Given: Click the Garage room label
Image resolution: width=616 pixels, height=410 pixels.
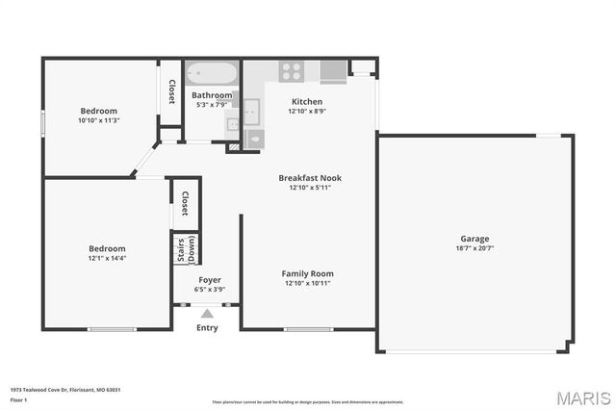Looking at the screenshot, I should pyautogui.click(x=475, y=239).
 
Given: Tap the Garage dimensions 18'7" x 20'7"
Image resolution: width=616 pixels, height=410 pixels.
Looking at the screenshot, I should pyautogui.click(x=475, y=249).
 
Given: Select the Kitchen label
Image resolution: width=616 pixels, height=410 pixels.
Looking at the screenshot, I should pyautogui.click(x=306, y=101).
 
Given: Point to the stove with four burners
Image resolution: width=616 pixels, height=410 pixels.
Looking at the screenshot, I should pyautogui.click(x=292, y=70).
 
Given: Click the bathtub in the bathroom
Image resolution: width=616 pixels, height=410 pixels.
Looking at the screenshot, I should pyautogui.click(x=211, y=73).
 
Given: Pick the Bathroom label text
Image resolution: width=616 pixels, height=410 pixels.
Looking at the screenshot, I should pyautogui.click(x=212, y=95).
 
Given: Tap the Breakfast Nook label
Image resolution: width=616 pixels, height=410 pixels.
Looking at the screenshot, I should pyautogui.click(x=310, y=178).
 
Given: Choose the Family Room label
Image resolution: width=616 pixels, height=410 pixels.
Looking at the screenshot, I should pyautogui.click(x=309, y=273).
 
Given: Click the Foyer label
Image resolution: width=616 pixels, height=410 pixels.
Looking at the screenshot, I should pyautogui.click(x=209, y=279).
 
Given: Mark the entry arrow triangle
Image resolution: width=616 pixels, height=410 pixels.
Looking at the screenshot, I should pyautogui.click(x=207, y=313).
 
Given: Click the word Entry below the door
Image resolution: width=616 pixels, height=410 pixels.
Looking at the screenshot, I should pyautogui.click(x=207, y=327).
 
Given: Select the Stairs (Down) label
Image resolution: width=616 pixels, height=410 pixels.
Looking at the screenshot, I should pyautogui.click(x=185, y=248).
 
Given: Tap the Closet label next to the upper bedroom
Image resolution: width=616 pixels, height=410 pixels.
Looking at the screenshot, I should pyautogui.click(x=171, y=91).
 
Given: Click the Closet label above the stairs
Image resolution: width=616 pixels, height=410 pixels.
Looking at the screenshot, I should pyautogui.click(x=185, y=202).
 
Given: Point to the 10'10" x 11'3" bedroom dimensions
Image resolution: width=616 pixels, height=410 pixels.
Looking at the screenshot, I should pyautogui.click(x=98, y=121).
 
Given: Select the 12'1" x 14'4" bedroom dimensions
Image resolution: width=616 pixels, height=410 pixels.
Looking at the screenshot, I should pyautogui.click(x=108, y=258).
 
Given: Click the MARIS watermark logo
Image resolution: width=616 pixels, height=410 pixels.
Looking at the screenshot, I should pyautogui.click(x=581, y=397).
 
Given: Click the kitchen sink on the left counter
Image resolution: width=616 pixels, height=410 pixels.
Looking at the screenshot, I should pyautogui.click(x=251, y=112).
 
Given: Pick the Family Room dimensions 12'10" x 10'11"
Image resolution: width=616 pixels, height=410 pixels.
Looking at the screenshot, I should pyautogui.click(x=309, y=284).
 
